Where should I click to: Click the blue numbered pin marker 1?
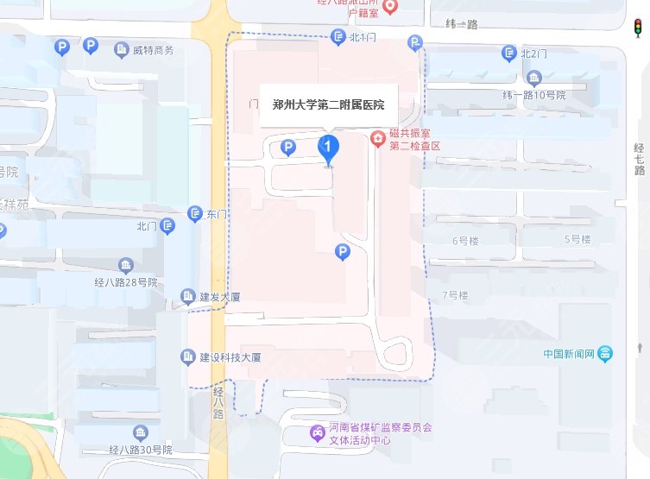(328, 148)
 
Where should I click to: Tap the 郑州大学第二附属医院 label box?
(328, 105)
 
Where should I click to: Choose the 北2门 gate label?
(535, 54)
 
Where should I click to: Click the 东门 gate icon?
(196, 213)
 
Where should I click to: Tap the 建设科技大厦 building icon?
(187, 356)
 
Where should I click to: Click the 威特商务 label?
(153, 50)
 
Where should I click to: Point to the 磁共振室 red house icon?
(377, 138)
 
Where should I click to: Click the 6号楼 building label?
(466, 240)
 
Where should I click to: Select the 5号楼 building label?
(577, 239)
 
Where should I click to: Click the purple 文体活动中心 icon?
(319, 432)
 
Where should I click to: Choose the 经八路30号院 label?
(141, 450)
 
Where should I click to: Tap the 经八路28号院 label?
(127, 281)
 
